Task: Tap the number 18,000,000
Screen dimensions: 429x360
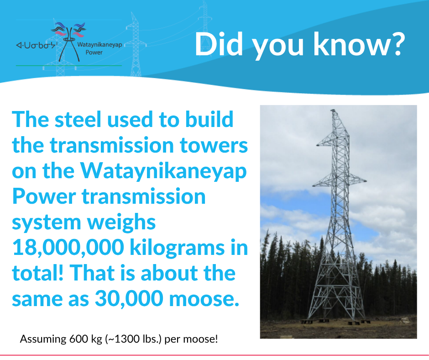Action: click(68, 248)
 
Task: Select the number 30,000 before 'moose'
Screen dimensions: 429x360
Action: click(129, 298)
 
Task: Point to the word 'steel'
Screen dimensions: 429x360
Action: click(78, 119)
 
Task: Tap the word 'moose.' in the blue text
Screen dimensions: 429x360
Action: click(204, 299)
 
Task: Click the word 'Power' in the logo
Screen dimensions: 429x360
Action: click(94, 53)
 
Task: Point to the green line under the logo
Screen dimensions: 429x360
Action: click(68, 66)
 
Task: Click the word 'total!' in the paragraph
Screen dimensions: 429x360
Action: click(38, 273)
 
